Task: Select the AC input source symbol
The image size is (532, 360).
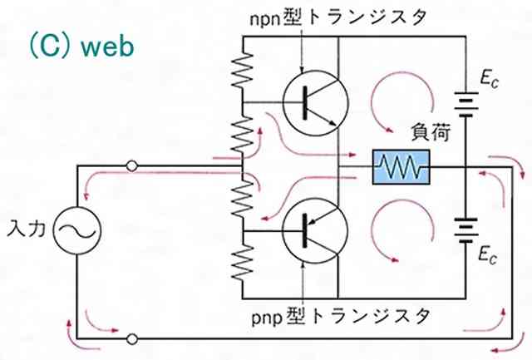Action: (x=77, y=225)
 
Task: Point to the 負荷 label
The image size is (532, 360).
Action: (x=427, y=131)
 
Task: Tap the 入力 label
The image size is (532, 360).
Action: (x=25, y=225)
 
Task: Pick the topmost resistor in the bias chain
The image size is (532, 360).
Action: (x=241, y=70)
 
